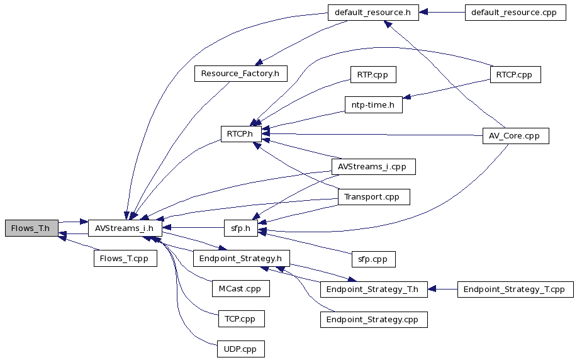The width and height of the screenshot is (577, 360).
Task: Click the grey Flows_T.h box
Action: (x=31, y=228)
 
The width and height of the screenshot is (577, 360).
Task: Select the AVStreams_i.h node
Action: (x=125, y=228)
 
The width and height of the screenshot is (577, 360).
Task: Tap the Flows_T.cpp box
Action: (x=125, y=259)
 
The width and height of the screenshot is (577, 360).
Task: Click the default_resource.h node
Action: (x=373, y=13)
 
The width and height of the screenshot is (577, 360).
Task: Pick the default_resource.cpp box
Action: (x=515, y=13)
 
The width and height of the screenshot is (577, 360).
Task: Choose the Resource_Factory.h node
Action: (x=240, y=74)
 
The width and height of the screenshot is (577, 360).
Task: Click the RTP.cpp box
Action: (x=373, y=75)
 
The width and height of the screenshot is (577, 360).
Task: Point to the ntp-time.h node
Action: (x=374, y=105)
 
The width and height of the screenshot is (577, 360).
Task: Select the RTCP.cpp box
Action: (x=515, y=75)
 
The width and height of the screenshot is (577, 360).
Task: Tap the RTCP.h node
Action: (x=241, y=134)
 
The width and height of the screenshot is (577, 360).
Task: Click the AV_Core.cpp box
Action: (x=515, y=136)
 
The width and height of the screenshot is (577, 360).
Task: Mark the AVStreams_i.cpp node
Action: (x=374, y=167)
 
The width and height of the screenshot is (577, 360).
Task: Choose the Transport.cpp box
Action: (x=374, y=197)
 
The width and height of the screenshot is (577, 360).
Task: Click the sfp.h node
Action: (x=241, y=228)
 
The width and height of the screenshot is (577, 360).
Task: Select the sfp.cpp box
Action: (x=374, y=259)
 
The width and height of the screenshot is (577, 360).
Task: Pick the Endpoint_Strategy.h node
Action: (x=242, y=259)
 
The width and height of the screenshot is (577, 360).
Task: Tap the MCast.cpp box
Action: (x=240, y=289)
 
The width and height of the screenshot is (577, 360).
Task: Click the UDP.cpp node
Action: (x=240, y=349)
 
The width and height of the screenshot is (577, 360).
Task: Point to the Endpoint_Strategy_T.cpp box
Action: (x=515, y=290)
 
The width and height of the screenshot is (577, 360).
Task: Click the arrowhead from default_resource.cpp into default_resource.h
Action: (x=423, y=13)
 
